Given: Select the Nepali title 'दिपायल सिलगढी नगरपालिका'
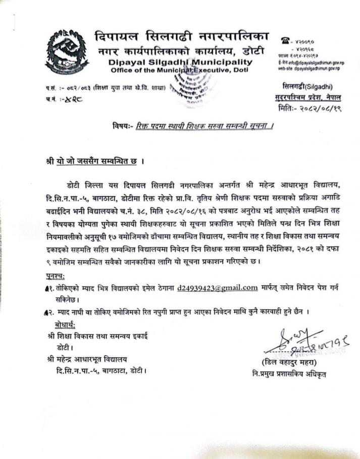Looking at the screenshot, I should click(181, 37).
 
